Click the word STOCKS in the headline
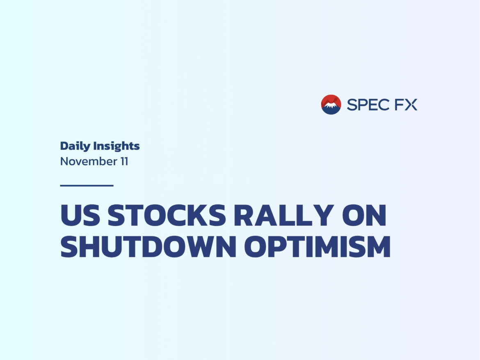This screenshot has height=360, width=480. click(x=167, y=215)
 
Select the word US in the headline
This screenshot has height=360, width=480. click(x=80, y=215)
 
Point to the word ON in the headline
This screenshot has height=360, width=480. click(x=364, y=215)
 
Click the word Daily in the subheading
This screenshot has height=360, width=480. click(x=75, y=146)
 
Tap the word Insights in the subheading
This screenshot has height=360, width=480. click(x=117, y=146)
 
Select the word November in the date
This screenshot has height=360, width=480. click(x=89, y=161)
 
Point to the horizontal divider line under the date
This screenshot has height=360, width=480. click(x=87, y=186)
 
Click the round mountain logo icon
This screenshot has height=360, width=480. click(x=331, y=105)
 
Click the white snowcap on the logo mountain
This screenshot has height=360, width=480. click(x=331, y=105)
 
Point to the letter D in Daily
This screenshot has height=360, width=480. click(x=65, y=146)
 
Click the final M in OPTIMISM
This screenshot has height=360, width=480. click(x=379, y=247)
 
